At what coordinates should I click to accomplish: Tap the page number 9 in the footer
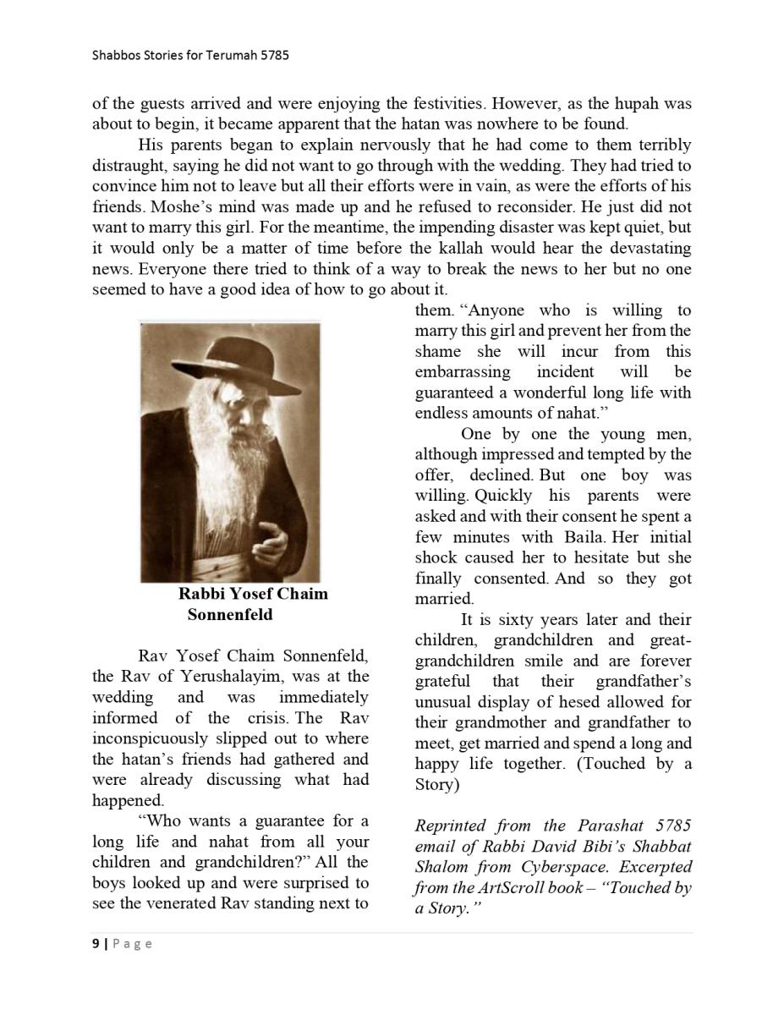pyautogui.click(x=96, y=944)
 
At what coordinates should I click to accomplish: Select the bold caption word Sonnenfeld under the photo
pyautogui.click(x=230, y=615)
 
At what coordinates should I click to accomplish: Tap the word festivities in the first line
pyautogui.click(x=443, y=104)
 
